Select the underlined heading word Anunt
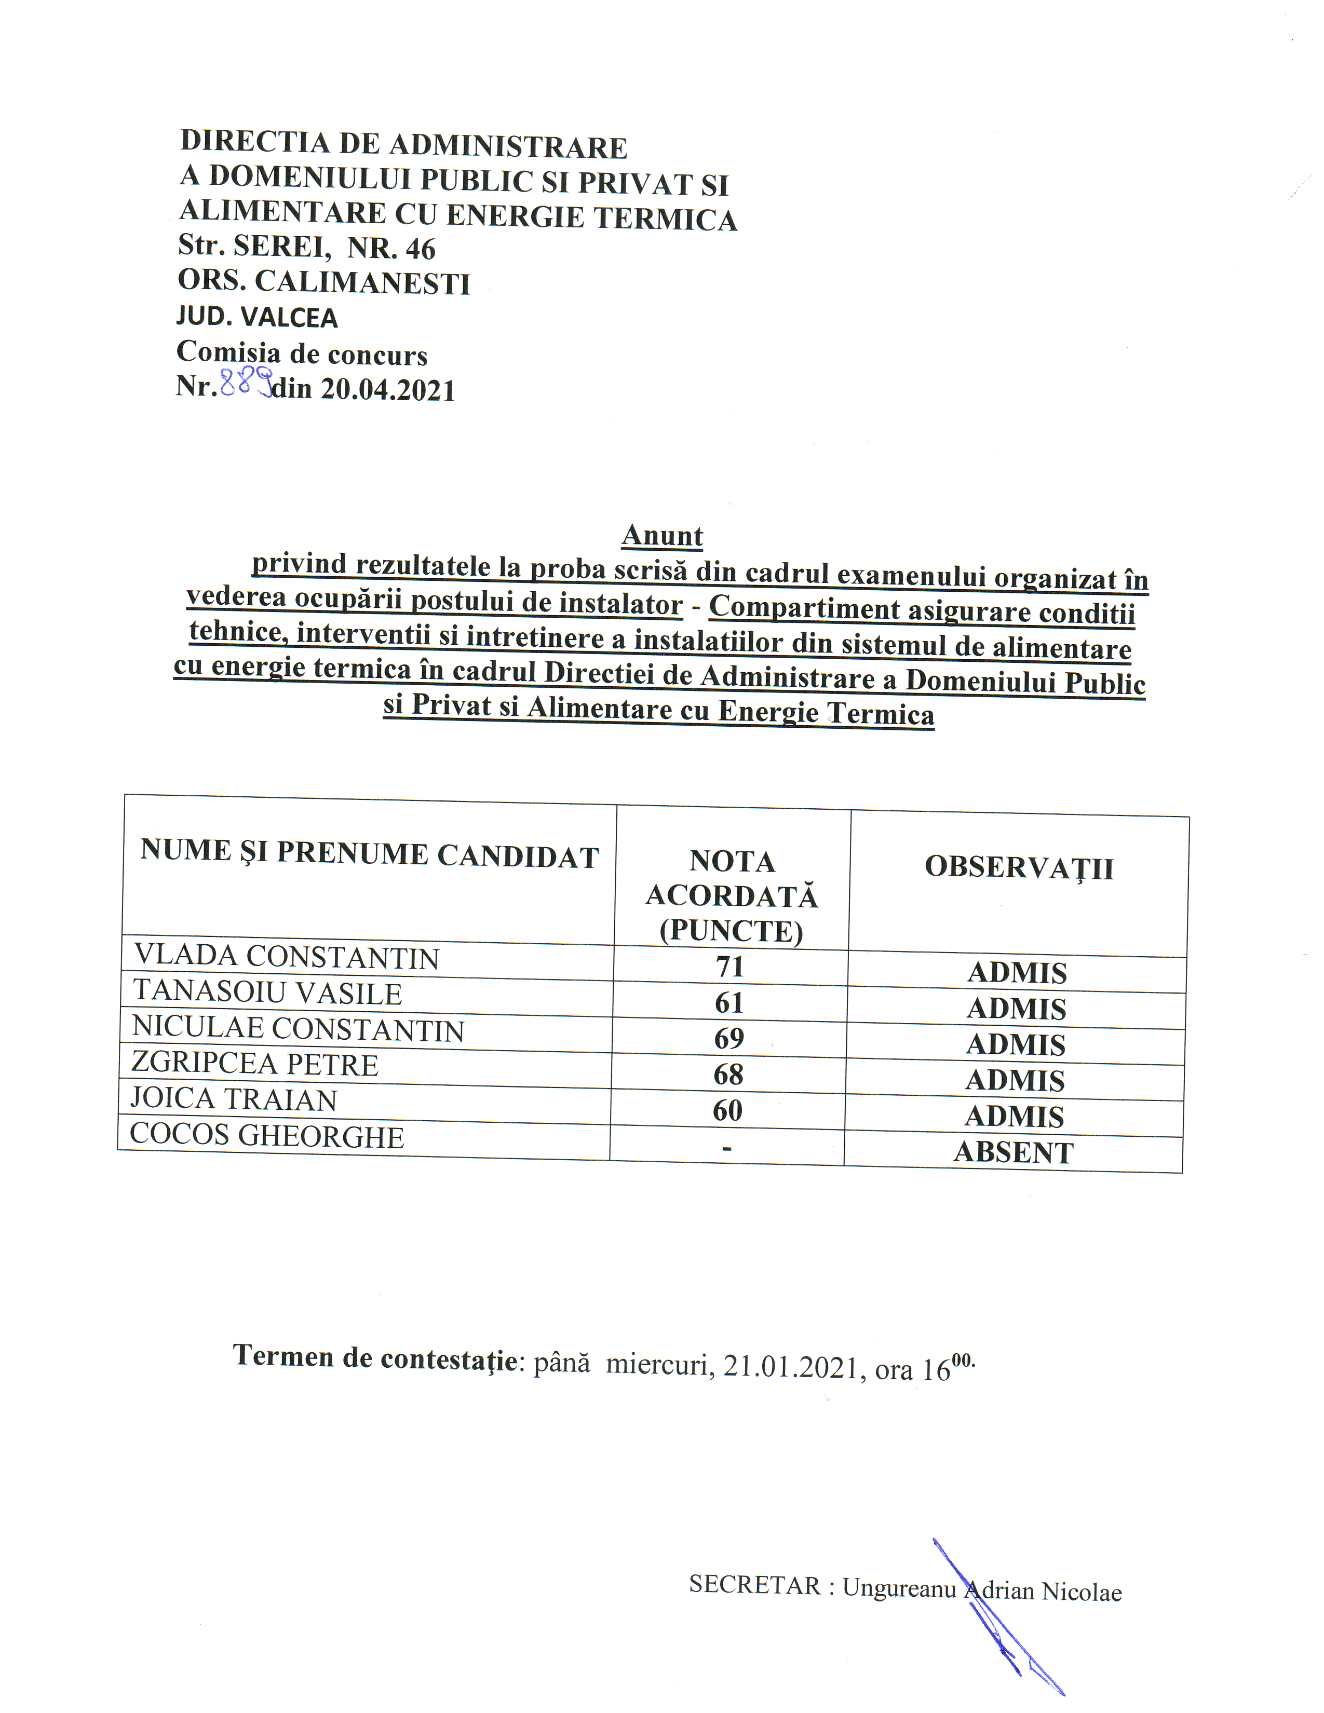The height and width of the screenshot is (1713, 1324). [662, 536]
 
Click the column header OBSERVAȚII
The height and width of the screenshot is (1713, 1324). [1019, 867]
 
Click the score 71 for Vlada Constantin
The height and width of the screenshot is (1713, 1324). [729, 967]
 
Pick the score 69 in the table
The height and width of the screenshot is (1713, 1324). [728, 1039]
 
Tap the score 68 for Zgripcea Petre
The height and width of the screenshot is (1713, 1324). [728, 1075]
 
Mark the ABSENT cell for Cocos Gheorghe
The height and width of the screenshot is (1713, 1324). [1014, 1152]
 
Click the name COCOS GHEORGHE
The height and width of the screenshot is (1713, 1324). [267, 1136]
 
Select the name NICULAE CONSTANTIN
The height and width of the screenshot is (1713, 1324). [298, 1028]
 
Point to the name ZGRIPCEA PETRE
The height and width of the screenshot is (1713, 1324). [255, 1064]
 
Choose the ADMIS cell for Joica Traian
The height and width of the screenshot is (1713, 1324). [1014, 1116]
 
